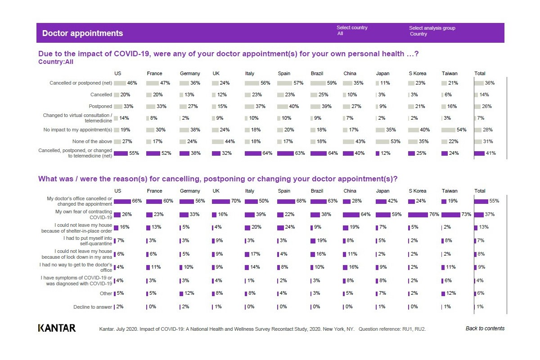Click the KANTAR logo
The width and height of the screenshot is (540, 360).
pyautogui.click(x=57, y=328)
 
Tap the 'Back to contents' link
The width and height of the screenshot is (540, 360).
pyautogui.click(x=485, y=328)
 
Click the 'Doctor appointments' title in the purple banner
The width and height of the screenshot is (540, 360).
pyautogui.click(x=82, y=33)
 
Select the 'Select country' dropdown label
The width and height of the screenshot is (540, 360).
pyautogui.click(x=352, y=27)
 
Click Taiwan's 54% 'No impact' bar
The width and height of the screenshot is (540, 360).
pyautogui.click(x=448, y=130)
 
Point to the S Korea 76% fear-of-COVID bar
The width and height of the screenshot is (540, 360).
pyautogui.click(x=418, y=215)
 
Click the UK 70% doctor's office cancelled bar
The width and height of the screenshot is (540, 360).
pyautogui.click(x=221, y=201)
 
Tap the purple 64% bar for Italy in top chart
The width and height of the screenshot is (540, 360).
pyautogui.click(x=253, y=153)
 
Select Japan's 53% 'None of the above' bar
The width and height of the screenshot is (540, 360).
pyautogui.click(x=382, y=142)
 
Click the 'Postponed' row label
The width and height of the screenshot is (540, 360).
pyautogui.click(x=100, y=106)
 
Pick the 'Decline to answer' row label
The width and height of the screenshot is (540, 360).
pyautogui.click(x=93, y=307)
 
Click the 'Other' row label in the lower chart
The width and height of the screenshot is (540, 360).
pyautogui.click(x=106, y=293)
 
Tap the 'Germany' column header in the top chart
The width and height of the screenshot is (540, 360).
pyautogui.click(x=190, y=73)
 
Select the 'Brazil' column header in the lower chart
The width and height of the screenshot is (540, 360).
pyautogui.click(x=317, y=191)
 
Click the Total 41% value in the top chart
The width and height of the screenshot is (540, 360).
pyautogui.click(x=490, y=153)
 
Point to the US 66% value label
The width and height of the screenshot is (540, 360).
pyautogui.click(x=137, y=201)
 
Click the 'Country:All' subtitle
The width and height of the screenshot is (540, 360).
pyautogui.click(x=56, y=62)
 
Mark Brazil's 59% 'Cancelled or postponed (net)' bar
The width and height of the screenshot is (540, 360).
pyautogui.click(x=318, y=83)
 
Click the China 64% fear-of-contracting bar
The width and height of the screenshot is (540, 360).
pyautogui.click(x=351, y=215)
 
